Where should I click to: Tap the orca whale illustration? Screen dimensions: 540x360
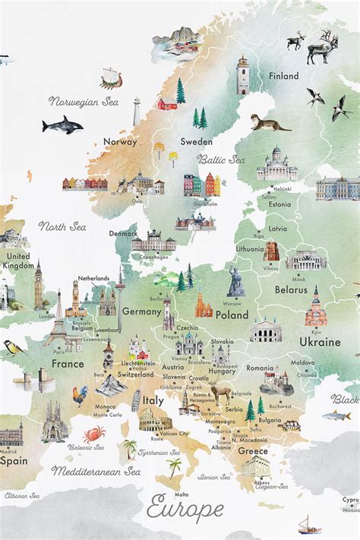[62, 125]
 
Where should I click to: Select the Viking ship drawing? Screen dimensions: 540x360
[111, 77]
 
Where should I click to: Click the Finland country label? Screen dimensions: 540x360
[283, 76]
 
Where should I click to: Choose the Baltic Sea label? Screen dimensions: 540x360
[221, 159]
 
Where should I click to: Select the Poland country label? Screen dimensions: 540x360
[232, 314]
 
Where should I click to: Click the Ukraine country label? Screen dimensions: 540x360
[320, 342]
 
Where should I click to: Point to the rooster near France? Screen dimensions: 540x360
[80, 395]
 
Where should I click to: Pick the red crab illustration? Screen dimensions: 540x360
[94, 434]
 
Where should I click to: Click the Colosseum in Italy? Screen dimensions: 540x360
[155, 420]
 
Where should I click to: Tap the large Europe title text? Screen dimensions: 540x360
[186, 507]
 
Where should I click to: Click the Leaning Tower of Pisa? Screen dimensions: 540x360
[136, 401]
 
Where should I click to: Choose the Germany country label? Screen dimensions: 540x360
[141, 311]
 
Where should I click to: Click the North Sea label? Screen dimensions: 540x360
[62, 226]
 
